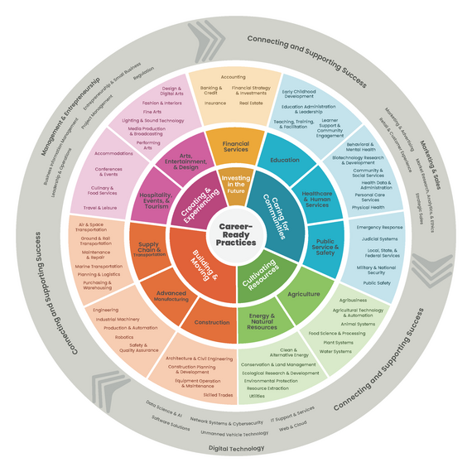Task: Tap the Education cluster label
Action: point(285,160)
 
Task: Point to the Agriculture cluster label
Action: point(303,294)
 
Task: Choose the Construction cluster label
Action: point(213,322)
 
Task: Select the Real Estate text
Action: point(252,104)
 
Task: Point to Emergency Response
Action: point(379,227)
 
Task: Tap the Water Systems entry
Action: point(335,351)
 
